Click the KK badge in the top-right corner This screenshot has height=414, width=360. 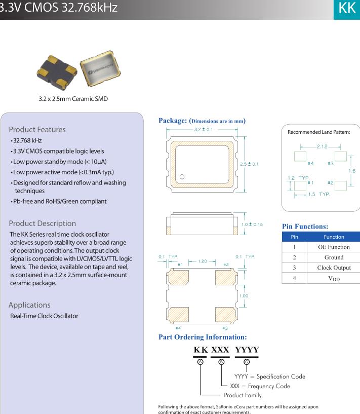(x=347, y=9)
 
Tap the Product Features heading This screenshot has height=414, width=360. (x=37, y=129)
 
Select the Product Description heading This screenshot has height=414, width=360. (x=43, y=223)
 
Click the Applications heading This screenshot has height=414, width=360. (x=29, y=305)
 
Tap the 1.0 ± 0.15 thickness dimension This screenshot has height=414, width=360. (x=252, y=224)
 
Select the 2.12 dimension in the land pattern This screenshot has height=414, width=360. (x=322, y=146)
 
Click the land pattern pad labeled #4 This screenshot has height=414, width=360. (x=300, y=156)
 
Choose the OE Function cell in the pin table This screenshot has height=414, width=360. (x=334, y=247)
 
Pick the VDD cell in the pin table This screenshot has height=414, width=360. (x=334, y=278)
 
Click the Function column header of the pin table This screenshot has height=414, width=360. (x=334, y=237)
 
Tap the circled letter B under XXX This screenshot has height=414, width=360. (x=221, y=361)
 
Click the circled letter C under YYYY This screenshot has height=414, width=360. (x=247, y=361)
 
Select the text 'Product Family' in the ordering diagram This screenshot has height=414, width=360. (x=243, y=395)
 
